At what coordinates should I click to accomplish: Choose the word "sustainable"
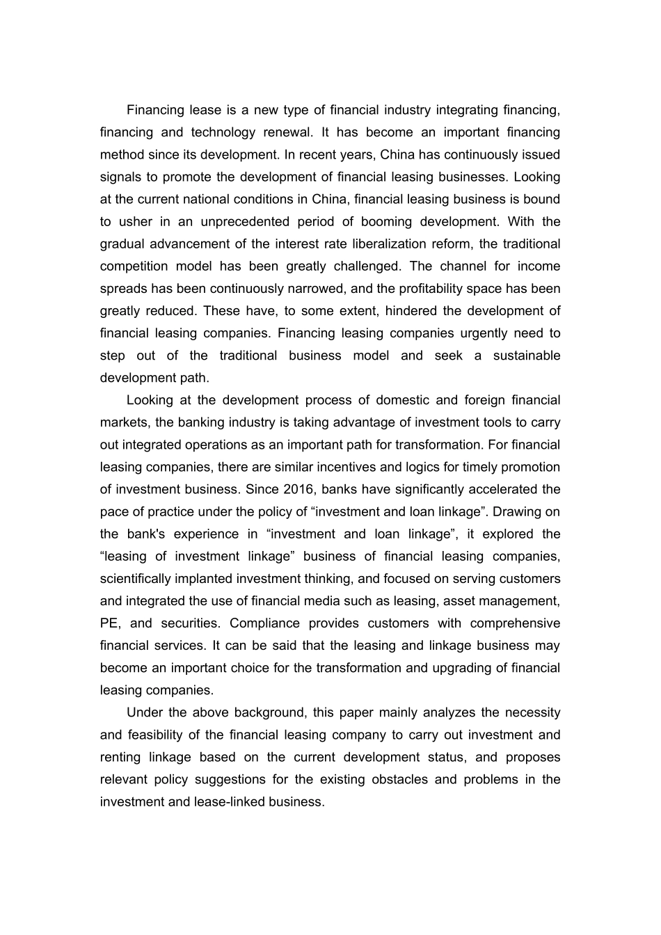(x=527, y=355)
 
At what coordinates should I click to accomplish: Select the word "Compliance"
(x=265, y=623)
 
